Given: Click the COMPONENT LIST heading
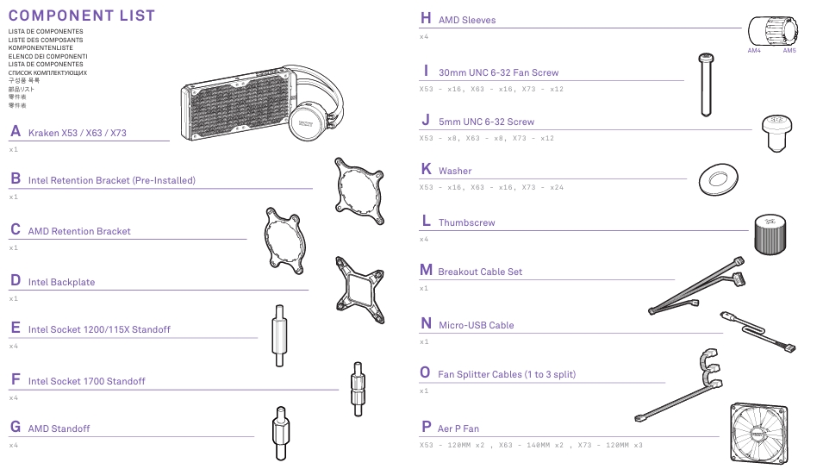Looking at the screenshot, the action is (82, 16).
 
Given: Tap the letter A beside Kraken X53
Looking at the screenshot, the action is (16, 131).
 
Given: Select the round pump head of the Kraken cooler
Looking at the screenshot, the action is (306, 122).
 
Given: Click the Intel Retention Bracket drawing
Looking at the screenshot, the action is (359, 191).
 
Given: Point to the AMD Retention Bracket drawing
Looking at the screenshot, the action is (285, 241).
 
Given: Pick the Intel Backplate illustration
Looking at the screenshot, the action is (360, 290).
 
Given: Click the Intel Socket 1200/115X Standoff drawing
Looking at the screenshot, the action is (280, 335).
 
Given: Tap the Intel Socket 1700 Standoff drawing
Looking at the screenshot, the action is (358, 389).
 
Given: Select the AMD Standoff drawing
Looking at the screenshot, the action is (281, 434).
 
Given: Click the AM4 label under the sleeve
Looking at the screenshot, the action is (754, 50).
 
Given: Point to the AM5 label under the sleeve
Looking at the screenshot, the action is (789, 50).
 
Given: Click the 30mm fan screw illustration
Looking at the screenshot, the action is (707, 84).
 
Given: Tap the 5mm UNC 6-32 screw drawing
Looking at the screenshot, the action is (776, 134).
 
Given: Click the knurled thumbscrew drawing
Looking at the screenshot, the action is (770, 234).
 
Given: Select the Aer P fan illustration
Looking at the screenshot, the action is (759, 434).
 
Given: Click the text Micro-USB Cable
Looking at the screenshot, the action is (476, 325).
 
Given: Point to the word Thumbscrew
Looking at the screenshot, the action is (466, 222).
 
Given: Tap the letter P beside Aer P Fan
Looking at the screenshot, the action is (427, 427).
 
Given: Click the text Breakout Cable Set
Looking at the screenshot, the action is (480, 272).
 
